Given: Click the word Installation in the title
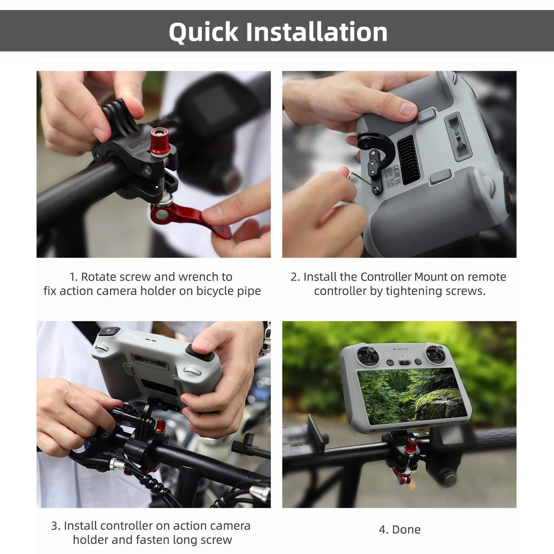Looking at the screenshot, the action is [316, 32].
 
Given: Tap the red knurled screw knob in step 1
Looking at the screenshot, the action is [159, 140].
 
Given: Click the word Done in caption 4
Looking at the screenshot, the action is [406, 529].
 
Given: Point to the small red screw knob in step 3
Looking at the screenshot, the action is [160, 426].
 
